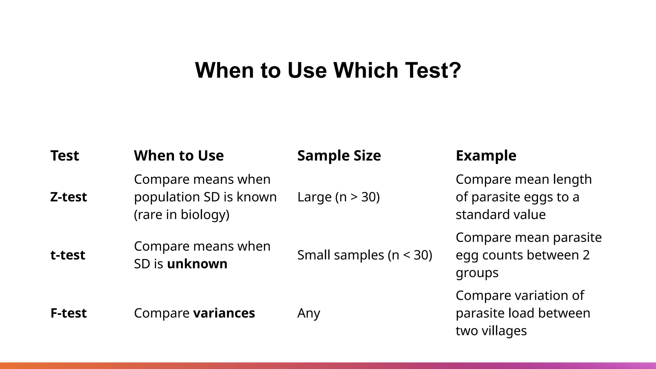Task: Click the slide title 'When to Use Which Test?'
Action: pyautogui.click(x=328, y=70)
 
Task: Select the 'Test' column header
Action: pyautogui.click(x=65, y=156)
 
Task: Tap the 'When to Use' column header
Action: pyautogui.click(x=179, y=156)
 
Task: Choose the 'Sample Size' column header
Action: pyautogui.click(x=339, y=156)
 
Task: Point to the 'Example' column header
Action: pyautogui.click(x=486, y=156)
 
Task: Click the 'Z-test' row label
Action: pyautogui.click(x=69, y=197)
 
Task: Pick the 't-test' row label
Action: pyautogui.click(x=68, y=255)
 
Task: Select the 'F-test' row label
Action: pyautogui.click(x=69, y=313)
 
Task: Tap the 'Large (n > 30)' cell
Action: pyautogui.click(x=338, y=197)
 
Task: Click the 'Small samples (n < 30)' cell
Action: pyautogui.click(x=365, y=255)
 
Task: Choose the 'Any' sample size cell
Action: pyautogui.click(x=308, y=313)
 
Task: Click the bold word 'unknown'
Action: pyautogui.click(x=197, y=264)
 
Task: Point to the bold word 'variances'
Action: pyautogui.click(x=224, y=313)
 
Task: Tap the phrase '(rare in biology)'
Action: pyautogui.click(x=182, y=215)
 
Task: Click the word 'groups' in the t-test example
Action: pyautogui.click(x=477, y=273)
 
